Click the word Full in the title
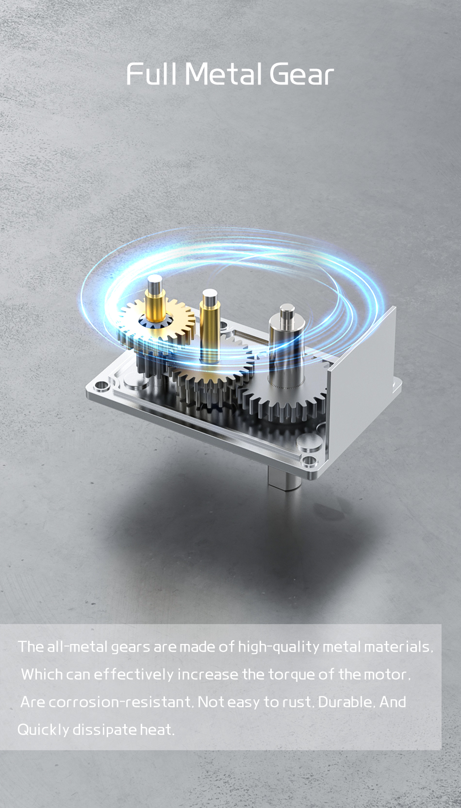(151, 74)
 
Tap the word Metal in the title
(224, 74)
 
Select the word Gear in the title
(301, 74)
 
